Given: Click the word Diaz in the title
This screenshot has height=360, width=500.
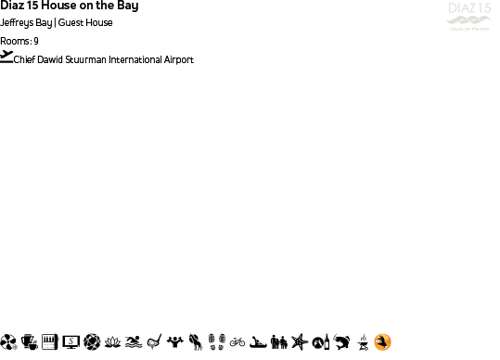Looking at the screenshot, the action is [12, 6].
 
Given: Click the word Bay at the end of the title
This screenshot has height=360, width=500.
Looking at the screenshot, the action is [127, 6].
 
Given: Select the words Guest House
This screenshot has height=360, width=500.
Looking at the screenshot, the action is [85, 22].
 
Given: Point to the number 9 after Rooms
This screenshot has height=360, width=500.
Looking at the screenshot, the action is [36, 41].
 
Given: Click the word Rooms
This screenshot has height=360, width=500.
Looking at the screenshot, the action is [16, 41].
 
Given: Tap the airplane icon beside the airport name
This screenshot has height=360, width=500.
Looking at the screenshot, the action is [7, 57].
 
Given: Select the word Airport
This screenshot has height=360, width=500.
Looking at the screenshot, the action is [178, 59].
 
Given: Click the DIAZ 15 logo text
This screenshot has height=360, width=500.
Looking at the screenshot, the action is [468, 9].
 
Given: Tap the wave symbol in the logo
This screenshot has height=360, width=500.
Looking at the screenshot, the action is [468, 21].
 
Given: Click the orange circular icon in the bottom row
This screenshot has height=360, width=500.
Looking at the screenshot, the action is [382, 342].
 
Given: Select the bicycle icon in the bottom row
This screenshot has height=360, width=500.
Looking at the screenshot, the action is [237, 342].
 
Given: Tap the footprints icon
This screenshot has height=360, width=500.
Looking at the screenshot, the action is [216, 342].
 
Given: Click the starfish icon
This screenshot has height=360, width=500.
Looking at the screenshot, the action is [299, 342].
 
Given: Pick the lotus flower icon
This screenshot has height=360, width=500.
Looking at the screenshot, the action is [112, 342].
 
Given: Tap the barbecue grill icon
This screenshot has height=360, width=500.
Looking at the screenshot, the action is [363, 342].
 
